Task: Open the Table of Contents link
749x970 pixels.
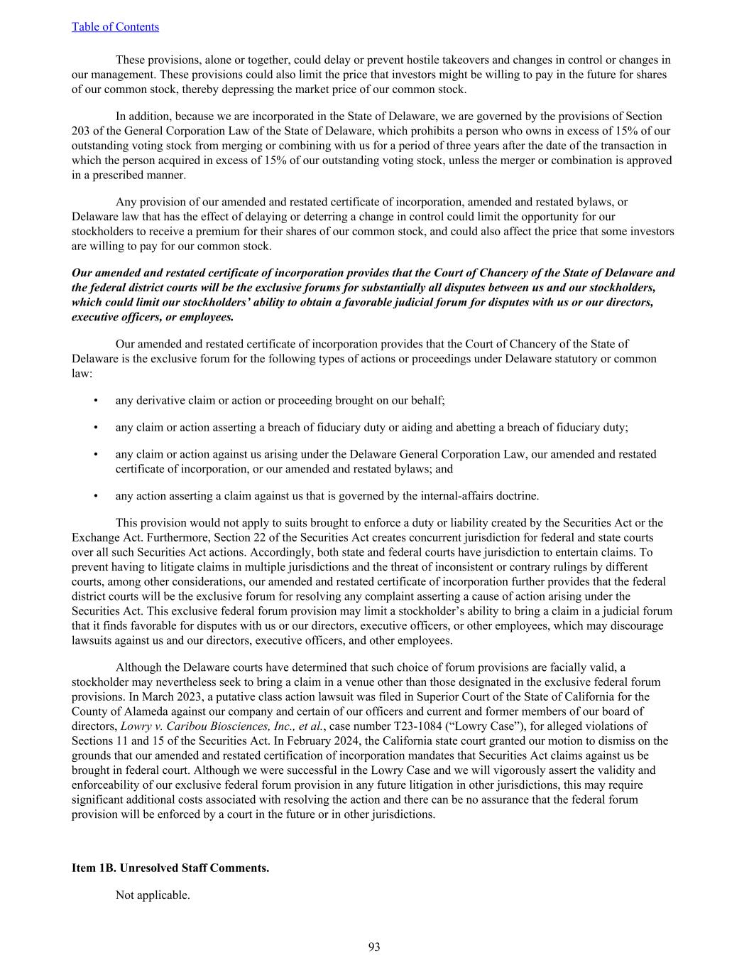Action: point(115,27)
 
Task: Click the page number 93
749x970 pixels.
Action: point(374,947)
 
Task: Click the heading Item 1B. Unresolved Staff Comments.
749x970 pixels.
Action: point(170,868)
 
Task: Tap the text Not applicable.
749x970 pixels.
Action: point(153,895)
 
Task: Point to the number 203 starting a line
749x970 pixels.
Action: point(80,131)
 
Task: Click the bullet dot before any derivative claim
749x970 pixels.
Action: point(96,400)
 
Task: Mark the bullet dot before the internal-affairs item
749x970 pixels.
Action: point(96,496)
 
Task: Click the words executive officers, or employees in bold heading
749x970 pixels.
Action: point(153,317)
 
